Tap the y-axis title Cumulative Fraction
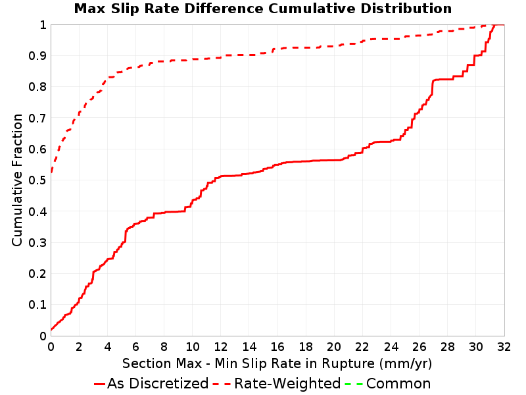(x=17, y=180)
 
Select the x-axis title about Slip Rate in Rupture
(x=277, y=364)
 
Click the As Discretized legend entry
(x=151, y=384)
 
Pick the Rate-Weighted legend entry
(x=277, y=384)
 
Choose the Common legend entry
(x=388, y=384)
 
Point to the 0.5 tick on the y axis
(x=37, y=180)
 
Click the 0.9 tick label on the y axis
(x=37, y=56)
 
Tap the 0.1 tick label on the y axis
(x=37, y=305)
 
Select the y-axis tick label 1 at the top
(x=43, y=25)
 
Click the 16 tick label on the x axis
(x=277, y=347)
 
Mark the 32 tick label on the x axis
(x=504, y=347)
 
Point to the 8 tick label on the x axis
(x=164, y=347)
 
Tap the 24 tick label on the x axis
(x=391, y=347)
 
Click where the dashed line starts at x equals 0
(x=51, y=172)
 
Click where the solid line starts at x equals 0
(x=51, y=330)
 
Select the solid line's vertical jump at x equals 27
(x=433, y=88)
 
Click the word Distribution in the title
(x=406, y=9)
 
